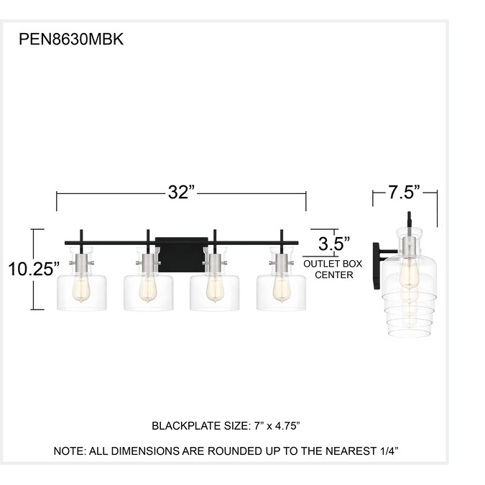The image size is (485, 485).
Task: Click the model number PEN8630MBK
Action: coord(71,40)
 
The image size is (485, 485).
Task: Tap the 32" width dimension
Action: coord(183,192)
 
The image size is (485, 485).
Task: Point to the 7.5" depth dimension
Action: coord(405,192)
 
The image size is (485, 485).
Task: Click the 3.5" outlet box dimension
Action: coord(334,244)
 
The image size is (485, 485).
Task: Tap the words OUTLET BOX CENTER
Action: coord(333,269)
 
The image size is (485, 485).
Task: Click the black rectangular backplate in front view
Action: coord(182,254)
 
